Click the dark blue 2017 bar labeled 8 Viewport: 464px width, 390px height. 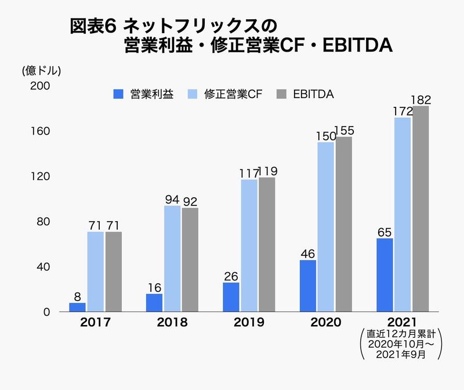77,307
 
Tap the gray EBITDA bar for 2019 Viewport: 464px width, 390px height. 267,244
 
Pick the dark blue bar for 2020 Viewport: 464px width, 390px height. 307,286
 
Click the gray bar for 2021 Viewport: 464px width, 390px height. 420,209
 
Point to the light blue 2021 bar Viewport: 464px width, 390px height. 403,215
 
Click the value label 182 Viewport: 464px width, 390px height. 420,99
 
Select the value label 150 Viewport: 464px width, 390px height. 326,136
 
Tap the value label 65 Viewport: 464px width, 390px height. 385,232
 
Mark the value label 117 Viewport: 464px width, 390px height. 249,172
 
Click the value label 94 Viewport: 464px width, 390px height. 172,199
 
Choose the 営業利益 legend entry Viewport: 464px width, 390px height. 144,94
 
